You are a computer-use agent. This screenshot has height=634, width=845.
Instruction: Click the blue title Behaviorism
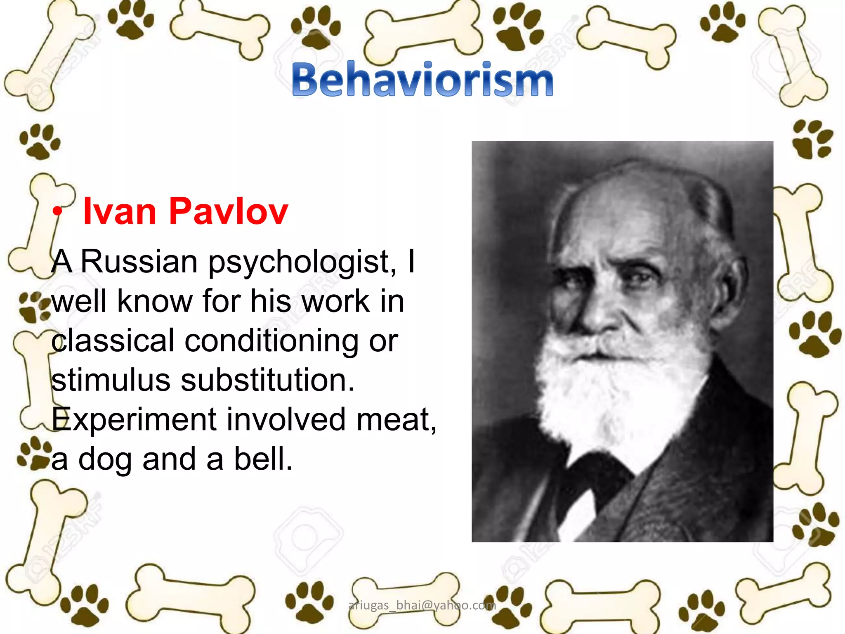coord(422,79)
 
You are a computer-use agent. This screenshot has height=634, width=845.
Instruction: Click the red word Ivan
coord(120,211)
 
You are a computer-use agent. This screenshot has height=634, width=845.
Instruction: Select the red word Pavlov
coord(228,211)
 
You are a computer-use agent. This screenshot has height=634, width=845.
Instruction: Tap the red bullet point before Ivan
coord(57,211)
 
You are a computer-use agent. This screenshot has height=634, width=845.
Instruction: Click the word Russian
coord(139,262)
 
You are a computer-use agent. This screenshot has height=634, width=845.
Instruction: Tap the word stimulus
coord(111,380)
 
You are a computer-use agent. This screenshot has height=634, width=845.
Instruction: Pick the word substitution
coord(267,380)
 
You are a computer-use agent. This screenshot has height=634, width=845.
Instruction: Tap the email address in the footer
coord(422,605)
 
